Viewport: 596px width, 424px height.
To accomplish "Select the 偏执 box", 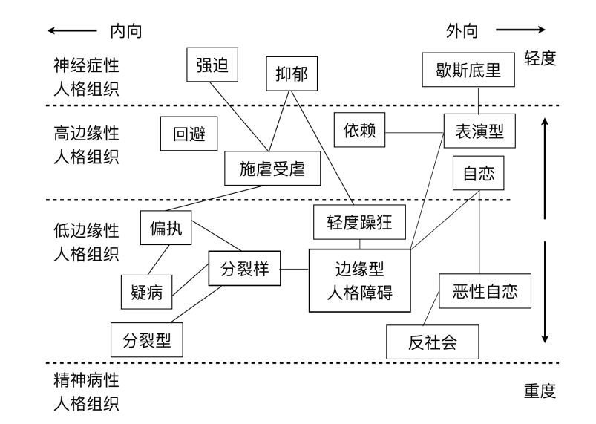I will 166,228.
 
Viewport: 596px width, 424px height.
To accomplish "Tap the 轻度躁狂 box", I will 359,222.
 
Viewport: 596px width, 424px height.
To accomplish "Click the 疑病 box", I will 146,291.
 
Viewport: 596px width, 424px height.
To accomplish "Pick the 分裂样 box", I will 243,270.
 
